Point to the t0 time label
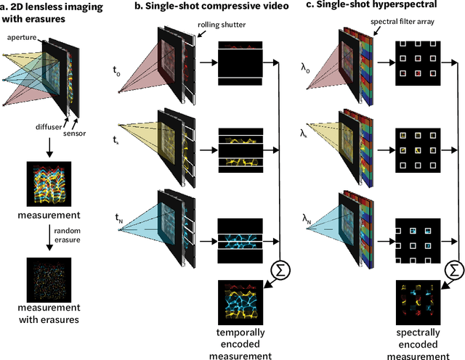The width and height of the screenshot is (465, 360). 117,70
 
